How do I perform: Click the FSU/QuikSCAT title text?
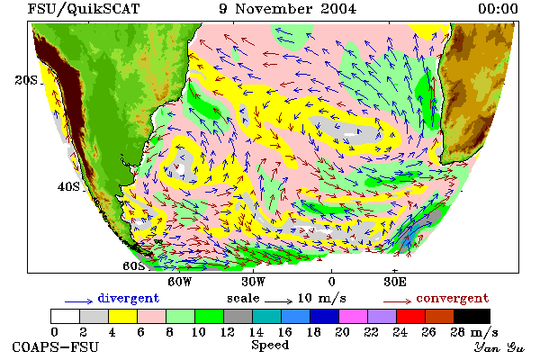pos(84,9)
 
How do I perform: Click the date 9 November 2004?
pos(288,9)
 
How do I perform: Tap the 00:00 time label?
pos(498,9)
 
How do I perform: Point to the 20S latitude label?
pos(26,80)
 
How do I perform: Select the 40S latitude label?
pos(68,186)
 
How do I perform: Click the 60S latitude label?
pos(133,266)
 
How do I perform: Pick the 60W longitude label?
pos(179,282)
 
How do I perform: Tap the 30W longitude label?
pos(254,282)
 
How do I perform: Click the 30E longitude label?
pos(395,282)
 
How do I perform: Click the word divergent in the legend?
pos(129,298)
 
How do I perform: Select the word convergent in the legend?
pos(453,298)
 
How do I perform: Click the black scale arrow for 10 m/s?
pos(279,301)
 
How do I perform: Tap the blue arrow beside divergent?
pos(78,301)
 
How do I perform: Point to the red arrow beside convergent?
pos(397,301)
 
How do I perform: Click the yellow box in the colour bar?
pos(122,316)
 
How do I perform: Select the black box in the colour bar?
pos(472,316)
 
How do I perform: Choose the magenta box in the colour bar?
pos(353,316)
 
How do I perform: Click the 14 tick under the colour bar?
pos(256,332)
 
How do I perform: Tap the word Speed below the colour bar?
pos(270,346)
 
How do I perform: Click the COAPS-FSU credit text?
pos(55,346)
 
